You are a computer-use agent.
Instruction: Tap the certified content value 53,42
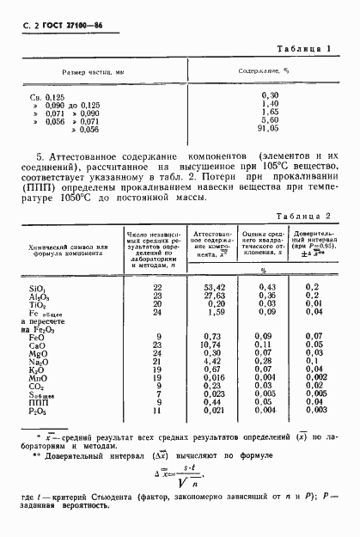tap(199, 285)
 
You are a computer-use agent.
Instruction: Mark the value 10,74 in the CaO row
tap(199, 344)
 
